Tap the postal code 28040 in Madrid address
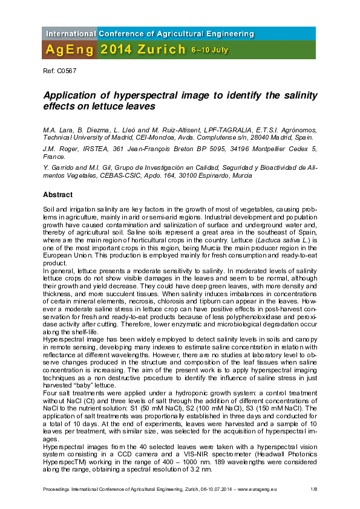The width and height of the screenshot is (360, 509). [x=264, y=137]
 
